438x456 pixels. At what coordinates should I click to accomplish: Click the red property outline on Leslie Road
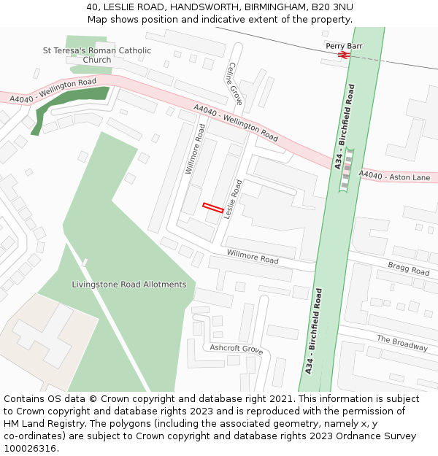point(212,208)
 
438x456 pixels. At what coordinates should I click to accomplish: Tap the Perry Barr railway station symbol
point(344,55)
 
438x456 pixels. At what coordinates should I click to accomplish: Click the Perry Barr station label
point(344,46)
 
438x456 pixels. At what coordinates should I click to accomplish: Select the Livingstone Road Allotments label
point(129,285)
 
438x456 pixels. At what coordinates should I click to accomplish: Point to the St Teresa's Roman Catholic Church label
point(97,55)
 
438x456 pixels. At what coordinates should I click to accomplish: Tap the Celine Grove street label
point(235,82)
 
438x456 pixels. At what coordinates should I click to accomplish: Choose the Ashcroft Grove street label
point(237,349)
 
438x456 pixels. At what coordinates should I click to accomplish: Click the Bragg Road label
point(409,268)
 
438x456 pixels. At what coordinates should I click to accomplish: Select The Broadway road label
point(401,343)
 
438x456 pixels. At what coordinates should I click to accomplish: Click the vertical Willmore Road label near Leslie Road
point(195,149)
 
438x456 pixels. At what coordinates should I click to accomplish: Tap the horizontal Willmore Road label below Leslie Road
point(253,256)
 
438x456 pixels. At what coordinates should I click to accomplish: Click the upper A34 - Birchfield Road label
point(345,127)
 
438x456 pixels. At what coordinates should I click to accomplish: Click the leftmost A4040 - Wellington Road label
point(53,90)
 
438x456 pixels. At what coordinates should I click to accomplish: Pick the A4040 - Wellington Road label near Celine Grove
point(236,122)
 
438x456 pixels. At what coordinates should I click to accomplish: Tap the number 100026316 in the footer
point(31,448)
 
